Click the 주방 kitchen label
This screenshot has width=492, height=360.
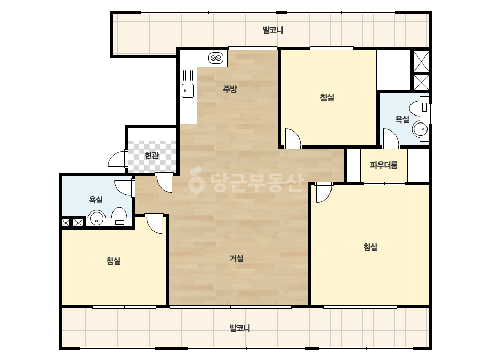[230, 89]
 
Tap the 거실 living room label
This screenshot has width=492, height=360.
[237, 258]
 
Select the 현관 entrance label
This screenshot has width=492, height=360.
[152, 155]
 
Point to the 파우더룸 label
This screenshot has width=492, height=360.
[384, 165]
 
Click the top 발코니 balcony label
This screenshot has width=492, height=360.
[273, 30]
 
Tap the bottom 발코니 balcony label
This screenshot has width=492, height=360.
[240, 329]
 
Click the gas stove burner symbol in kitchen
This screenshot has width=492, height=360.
[216, 58]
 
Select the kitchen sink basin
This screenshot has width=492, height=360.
[188, 91]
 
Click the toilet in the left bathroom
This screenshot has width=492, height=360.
[119, 217]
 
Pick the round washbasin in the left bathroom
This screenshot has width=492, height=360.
[97, 218]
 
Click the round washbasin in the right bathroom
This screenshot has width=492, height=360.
[421, 129]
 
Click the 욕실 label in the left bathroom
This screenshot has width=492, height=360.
[96, 200]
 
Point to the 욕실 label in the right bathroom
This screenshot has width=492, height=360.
[402, 119]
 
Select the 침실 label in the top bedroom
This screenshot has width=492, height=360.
[327, 97]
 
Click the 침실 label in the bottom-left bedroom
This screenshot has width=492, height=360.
[114, 260]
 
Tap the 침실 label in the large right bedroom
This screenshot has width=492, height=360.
[370, 247]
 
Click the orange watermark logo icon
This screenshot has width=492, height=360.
[196, 181]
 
